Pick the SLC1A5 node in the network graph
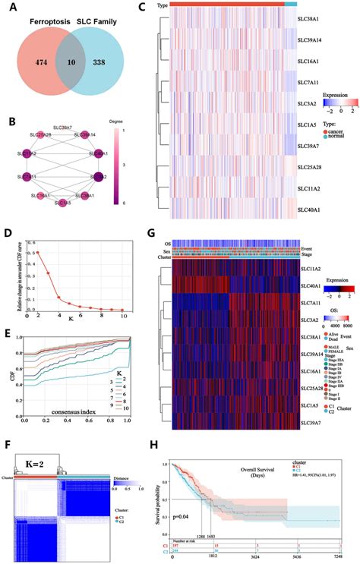(x=65, y=203)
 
